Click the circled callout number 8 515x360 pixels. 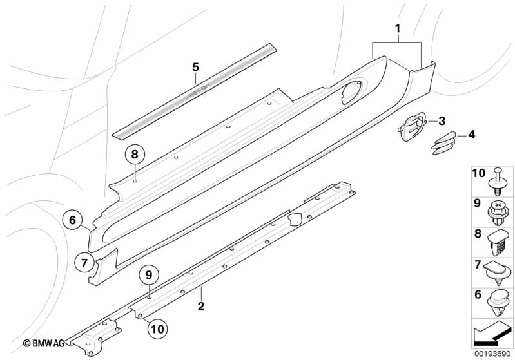[x=134, y=154]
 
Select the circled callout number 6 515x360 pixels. [x=73, y=221]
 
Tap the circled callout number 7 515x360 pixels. [x=84, y=262]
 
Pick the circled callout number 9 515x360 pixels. [x=149, y=275]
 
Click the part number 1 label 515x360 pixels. [x=398, y=28]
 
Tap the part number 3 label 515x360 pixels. [x=442, y=120]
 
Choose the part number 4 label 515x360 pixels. [x=471, y=135]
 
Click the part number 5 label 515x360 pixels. [x=195, y=66]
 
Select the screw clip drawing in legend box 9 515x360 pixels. [x=498, y=211]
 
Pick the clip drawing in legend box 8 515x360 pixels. [x=498, y=242]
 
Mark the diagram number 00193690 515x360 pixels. [x=492, y=354]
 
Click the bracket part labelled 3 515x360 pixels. [x=409, y=124]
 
